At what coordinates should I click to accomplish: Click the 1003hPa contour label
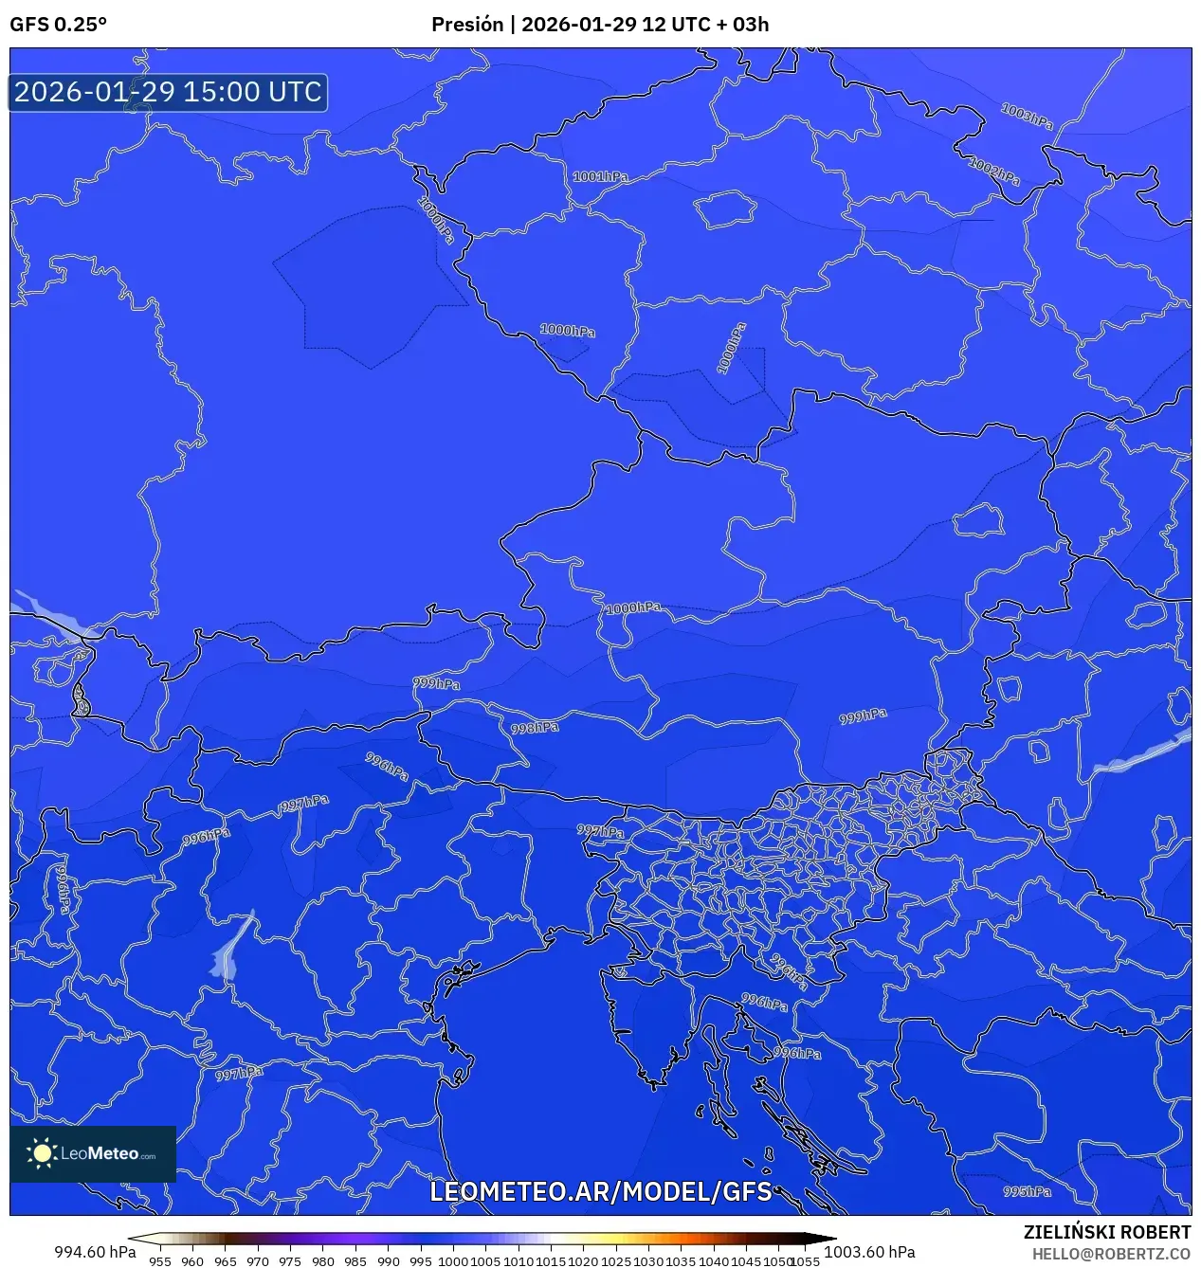(1028, 116)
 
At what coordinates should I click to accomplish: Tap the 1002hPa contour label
(994, 172)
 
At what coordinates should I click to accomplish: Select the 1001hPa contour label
(600, 176)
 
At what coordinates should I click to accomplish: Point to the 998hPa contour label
(535, 728)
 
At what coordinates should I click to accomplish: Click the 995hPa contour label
(1028, 1191)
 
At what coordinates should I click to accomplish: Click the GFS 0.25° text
(58, 25)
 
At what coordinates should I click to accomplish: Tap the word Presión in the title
(467, 25)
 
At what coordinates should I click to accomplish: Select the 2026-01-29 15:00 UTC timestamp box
(168, 92)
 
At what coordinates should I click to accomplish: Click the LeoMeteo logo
(93, 1153)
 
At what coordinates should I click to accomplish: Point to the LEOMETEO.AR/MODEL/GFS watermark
(601, 1191)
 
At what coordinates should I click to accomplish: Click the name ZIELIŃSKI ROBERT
(1106, 1232)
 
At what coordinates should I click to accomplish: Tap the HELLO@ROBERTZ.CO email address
(1111, 1254)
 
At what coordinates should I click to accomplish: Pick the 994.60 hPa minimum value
(95, 1252)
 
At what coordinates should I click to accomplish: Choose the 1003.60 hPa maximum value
(869, 1252)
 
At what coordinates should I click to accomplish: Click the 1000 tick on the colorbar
(453, 1261)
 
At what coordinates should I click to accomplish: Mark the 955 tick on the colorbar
(160, 1261)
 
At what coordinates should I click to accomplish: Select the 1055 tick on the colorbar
(805, 1261)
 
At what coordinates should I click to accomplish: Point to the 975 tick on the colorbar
(290, 1261)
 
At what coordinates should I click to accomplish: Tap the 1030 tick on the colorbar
(648, 1261)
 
